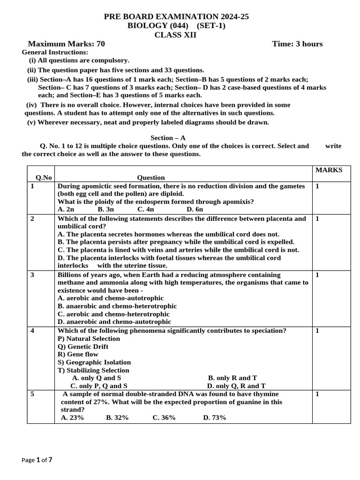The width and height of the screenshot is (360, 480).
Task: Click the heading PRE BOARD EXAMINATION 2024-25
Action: click(x=176, y=17)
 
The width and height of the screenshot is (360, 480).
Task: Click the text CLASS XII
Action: click(x=176, y=35)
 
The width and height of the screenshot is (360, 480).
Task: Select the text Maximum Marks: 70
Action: click(x=67, y=44)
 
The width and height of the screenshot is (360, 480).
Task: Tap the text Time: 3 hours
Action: click(x=297, y=44)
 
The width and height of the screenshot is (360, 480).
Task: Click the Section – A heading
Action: click(x=168, y=138)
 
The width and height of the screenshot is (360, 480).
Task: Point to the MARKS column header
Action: click(x=329, y=170)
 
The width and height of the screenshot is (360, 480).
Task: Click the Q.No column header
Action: click(x=44, y=178)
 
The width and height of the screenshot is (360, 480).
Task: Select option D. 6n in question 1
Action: click(x=195, y=210)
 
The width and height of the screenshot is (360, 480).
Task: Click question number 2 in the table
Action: click(x=32, y=218)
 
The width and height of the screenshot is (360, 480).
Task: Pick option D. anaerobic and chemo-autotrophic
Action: click(x=114, y=322)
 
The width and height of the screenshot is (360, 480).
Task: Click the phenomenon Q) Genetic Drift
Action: click(x=83, y=346)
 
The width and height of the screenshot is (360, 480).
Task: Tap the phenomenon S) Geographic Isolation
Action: click(x=94, y=362)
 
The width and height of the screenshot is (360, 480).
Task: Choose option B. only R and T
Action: click(x=232, y=378)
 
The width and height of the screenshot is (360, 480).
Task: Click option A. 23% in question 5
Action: click(x=72, y=417)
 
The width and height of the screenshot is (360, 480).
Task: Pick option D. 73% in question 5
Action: click(x=214, y=417)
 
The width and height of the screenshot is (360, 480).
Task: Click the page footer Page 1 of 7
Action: click(x=37, y=460)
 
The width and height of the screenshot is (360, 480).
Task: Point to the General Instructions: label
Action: click(x=55, y=52)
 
